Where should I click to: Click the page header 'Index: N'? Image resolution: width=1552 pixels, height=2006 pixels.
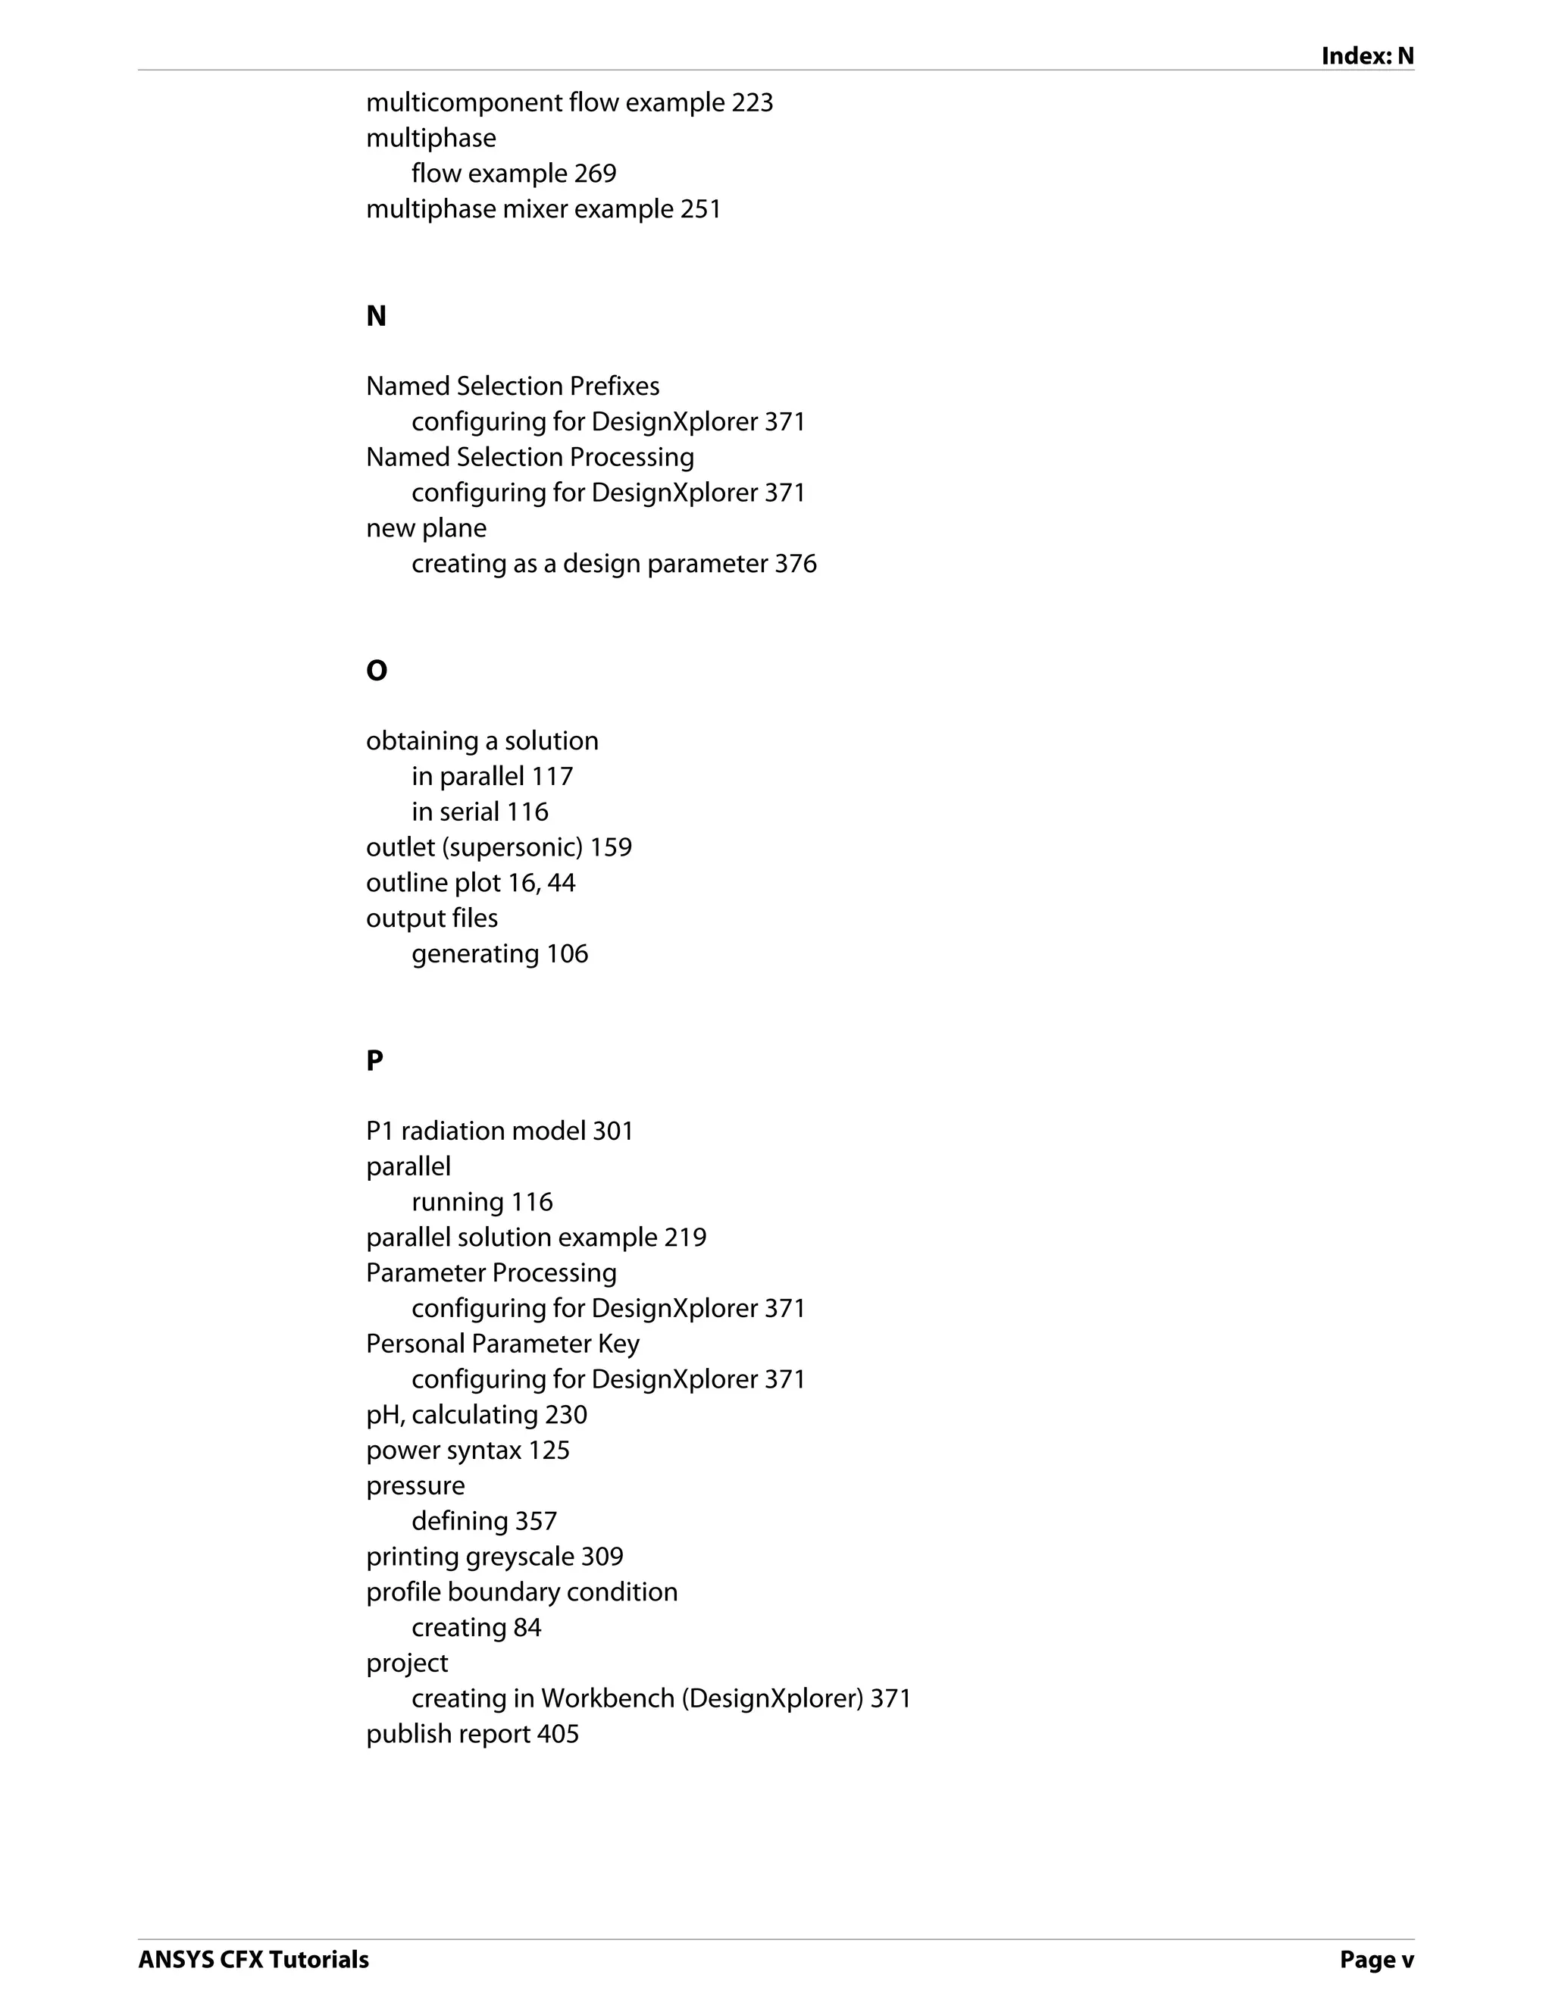(1366, 56)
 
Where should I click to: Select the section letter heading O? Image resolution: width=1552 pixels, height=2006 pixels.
(377, 671)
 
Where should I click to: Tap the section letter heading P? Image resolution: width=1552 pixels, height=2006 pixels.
(374, 1061)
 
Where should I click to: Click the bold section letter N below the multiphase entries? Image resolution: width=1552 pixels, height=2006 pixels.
(377, 316)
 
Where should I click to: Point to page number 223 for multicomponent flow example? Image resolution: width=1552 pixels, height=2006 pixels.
(752, 103)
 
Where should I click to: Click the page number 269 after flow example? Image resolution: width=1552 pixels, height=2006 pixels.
(595, 174)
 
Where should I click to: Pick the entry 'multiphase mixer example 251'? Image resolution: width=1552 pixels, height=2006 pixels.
(543, 209)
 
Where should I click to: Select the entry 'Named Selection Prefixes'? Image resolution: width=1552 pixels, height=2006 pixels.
(512, 386)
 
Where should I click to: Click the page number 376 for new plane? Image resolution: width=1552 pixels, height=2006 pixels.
(795, 564)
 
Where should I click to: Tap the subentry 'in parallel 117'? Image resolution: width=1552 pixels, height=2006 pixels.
(493, 777)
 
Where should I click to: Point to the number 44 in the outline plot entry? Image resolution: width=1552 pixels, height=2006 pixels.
(560, 884)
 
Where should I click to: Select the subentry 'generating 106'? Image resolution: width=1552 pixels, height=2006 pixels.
(499, 954)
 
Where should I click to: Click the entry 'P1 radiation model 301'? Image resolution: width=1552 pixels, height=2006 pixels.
(499, 1131)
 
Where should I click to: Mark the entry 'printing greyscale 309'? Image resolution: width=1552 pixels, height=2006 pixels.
(494, 1557)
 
